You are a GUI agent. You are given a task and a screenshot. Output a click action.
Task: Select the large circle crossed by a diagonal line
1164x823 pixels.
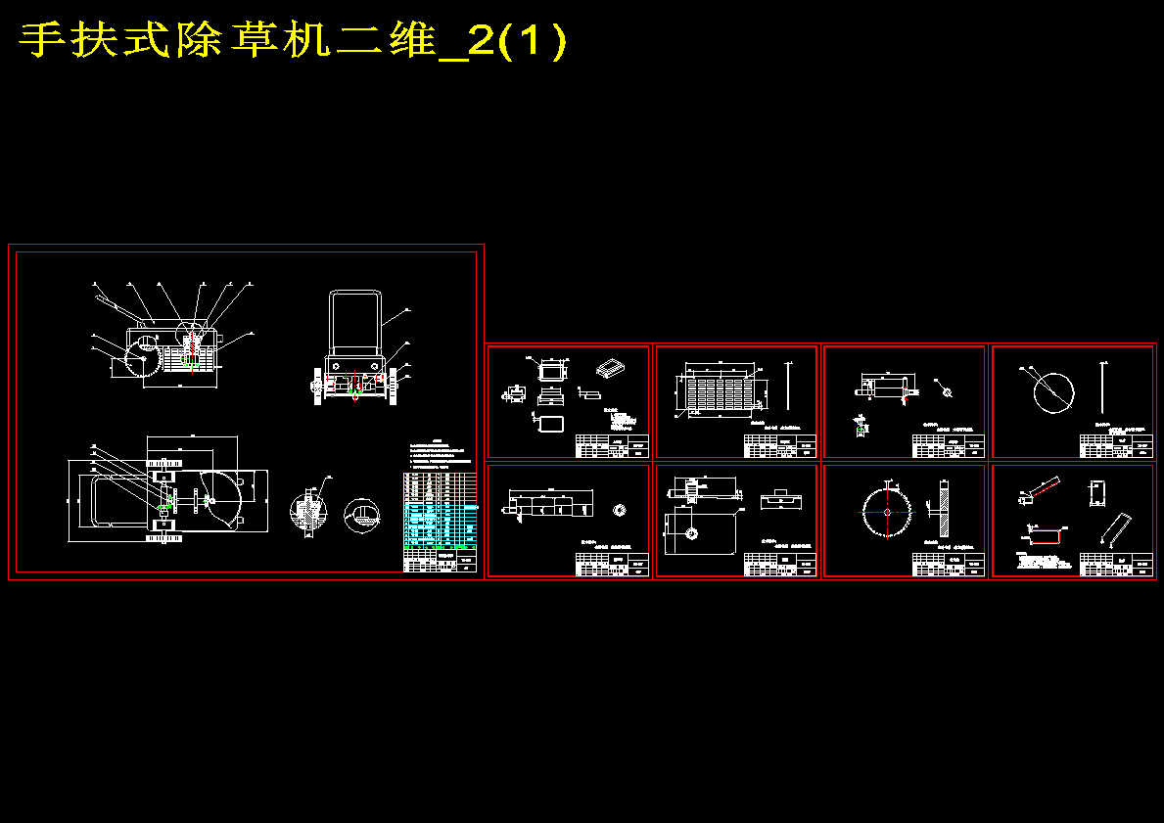point(1053,393)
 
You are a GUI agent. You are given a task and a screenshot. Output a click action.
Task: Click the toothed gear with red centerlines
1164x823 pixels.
point(887,511)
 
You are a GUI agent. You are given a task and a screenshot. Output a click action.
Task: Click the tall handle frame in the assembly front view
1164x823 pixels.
point(355,323)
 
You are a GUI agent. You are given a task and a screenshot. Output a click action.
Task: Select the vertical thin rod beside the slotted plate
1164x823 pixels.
point(789,386)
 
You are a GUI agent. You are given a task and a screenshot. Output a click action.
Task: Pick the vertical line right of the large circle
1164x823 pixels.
point(1103,387)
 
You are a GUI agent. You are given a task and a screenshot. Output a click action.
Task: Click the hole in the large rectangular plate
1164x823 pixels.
point(692,532)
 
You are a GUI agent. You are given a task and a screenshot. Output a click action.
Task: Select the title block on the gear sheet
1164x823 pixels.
point(948,565)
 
